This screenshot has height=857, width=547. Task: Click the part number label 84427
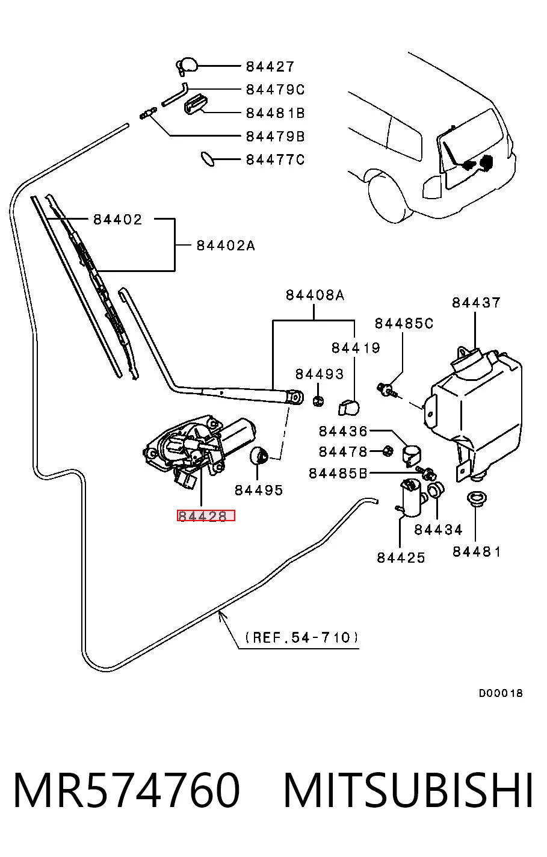pyautogui.click(x=270, y=67)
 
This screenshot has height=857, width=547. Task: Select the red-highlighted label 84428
pyautogui.click(x=206, y=516)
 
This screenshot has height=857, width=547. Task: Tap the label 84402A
pyautogui.click(x=226, y=245)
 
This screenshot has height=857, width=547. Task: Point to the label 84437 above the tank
pyautogui.click(x=476, y=303)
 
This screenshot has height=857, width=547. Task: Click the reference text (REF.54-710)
pyautogui.click(x=302, y=637)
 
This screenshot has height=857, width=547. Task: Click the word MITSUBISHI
pyautogui.click(x=408, y=790)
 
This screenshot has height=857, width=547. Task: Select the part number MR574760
pyautogui.click(x=126, y=790)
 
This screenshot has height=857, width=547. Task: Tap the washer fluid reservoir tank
pyautogui.click(x=474, y=413)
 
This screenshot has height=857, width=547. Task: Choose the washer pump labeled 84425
pyautogui.click(x=412, y=498)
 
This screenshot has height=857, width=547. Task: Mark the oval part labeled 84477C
pyautogui.click(x=208, y=159)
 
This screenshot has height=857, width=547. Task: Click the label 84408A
pyautogui.click(x=315, y=295)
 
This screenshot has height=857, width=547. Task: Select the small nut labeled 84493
pyautogui.click(x=318, y=401)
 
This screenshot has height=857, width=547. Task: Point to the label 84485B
pyautogui.click(x=338, y=474)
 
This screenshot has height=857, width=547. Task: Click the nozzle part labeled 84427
pyautogui.click(x=187, y=66)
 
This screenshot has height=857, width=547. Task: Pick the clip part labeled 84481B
pyautogui.click(x=196, y=104)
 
